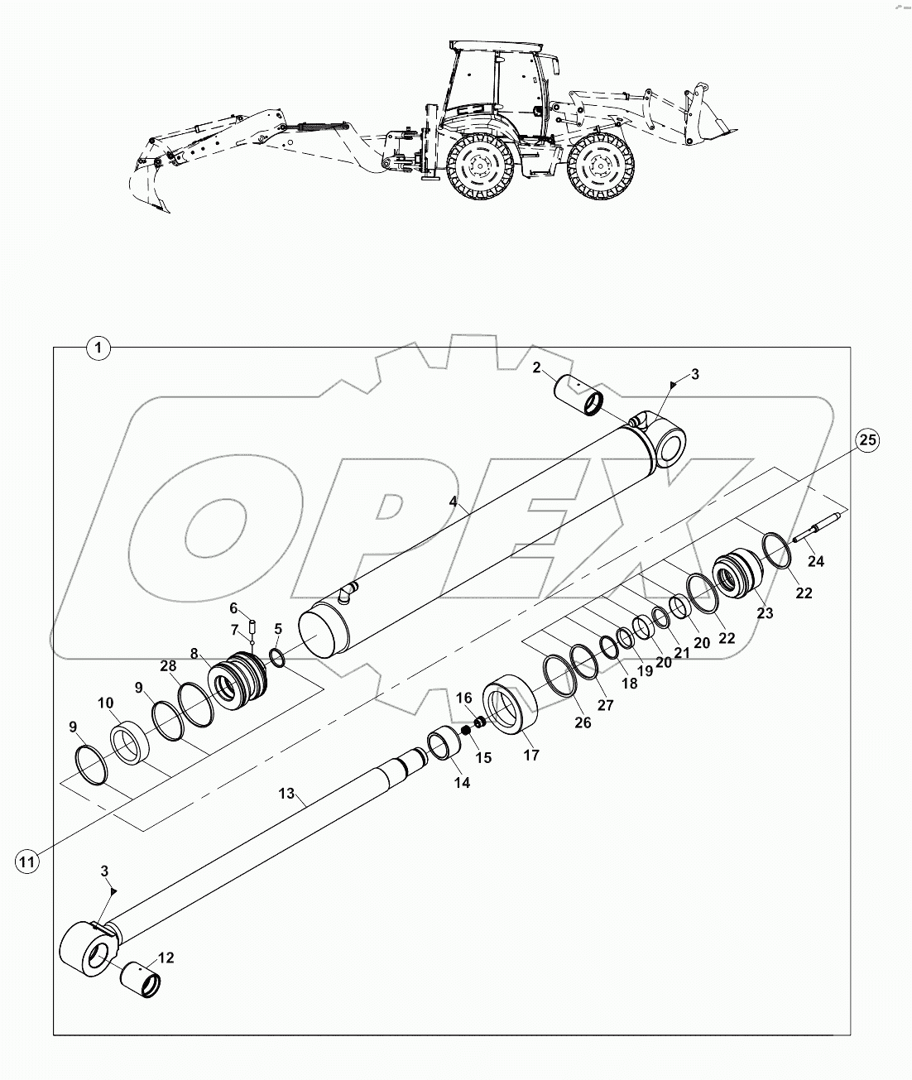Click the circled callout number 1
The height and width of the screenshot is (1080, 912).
pyautogui.click(x=98, y=348)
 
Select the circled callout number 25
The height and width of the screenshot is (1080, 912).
pyautogui.click(x=866, y=440)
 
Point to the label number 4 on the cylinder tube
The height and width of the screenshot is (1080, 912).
pyautogui.click(x=453, y=502)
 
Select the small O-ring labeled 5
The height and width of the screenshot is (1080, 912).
pyautogui.click(x=276, y=658)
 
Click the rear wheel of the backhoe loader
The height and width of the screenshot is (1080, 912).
pyautogui.click(x=478, y=169)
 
